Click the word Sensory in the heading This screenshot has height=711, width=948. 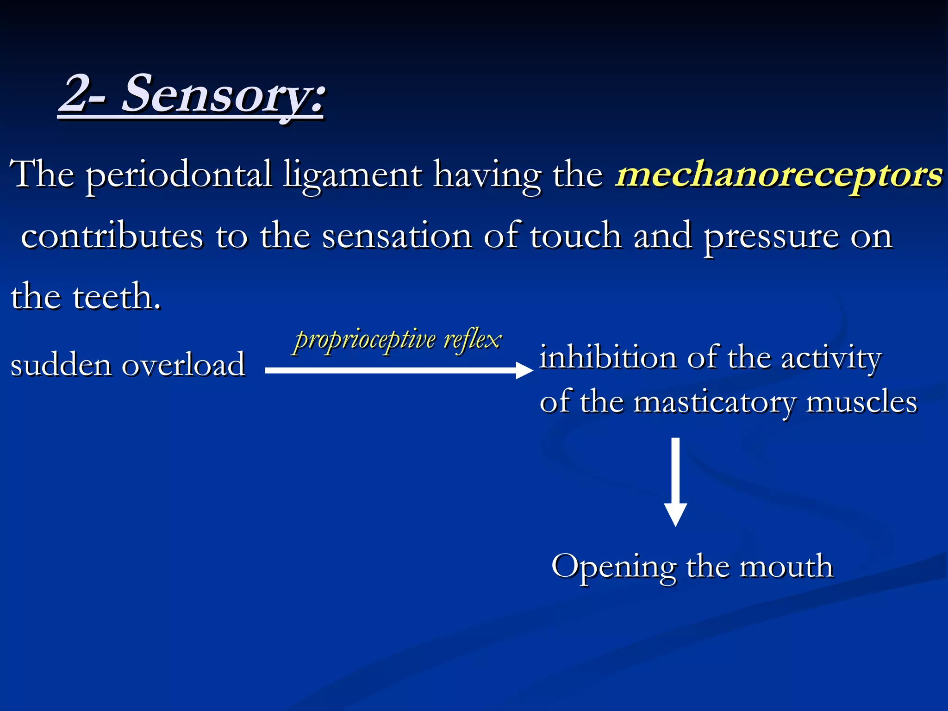[222, 95]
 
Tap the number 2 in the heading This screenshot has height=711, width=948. [76, 95]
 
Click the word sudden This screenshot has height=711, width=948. [61, 365]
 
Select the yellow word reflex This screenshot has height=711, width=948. [472, 340]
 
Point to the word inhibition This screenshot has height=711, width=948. [607, 358]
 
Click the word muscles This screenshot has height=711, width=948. [861, 402]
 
